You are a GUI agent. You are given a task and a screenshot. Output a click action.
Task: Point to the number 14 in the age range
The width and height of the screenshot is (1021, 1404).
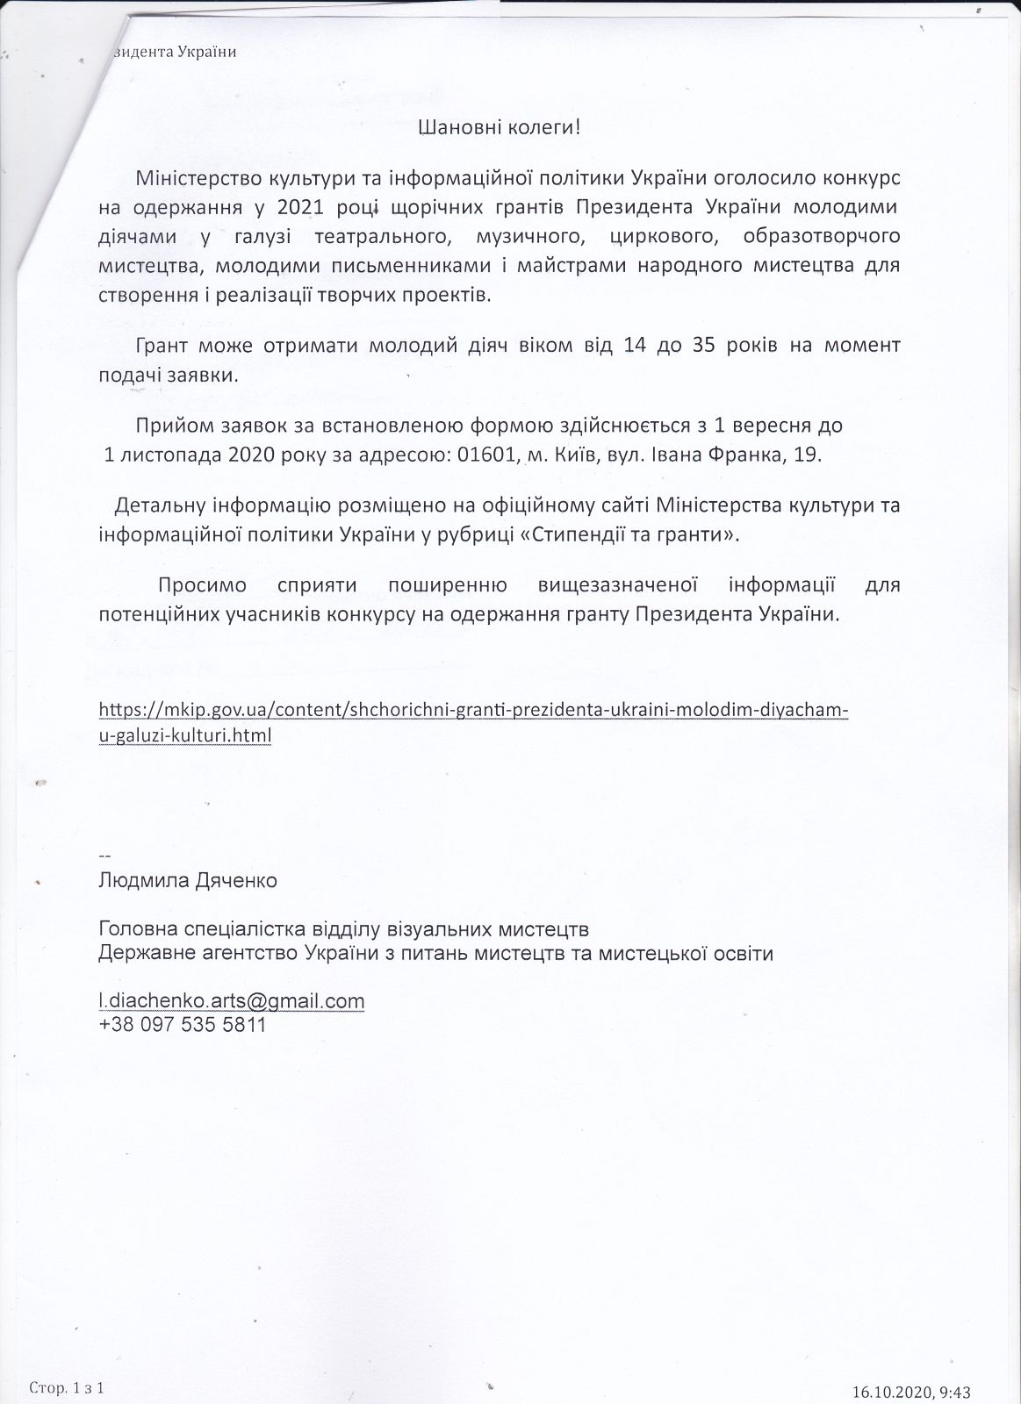click(x=635, y=346)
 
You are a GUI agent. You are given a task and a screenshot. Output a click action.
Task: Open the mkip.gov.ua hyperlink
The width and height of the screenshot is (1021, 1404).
click(x=474, y=709)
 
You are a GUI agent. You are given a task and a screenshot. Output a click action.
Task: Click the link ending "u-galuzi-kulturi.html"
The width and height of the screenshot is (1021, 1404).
click(x=185, y=735)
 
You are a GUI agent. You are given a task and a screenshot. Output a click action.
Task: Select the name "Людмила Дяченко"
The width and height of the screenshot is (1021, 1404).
click(x=188, y=880)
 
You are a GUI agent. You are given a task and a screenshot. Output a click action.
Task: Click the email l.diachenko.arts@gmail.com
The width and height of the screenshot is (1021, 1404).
click(x=232, y=1000)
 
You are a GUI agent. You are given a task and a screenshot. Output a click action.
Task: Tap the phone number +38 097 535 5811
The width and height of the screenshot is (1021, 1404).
click(x=182, y=1024)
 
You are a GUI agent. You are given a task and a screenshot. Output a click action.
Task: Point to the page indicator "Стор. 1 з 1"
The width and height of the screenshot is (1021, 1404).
click(x=67, y=1387)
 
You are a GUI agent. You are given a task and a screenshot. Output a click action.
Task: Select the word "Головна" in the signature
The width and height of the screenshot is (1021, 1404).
click(x=137, y=928)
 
